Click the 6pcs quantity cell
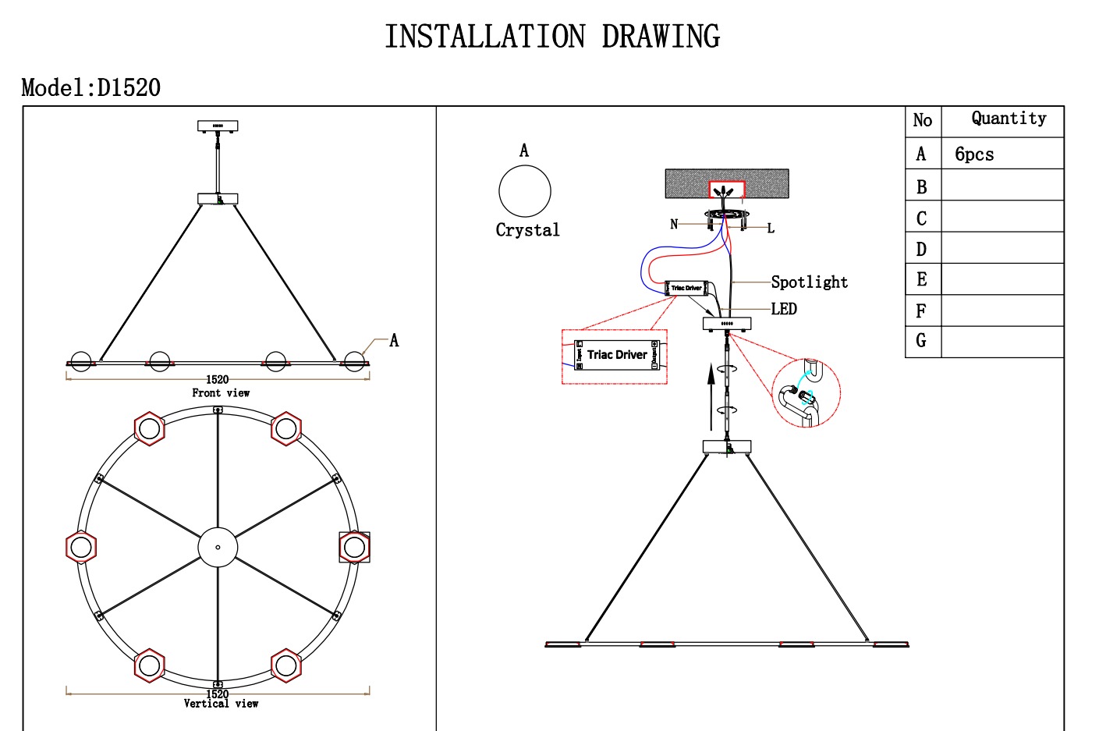click(x=974, y=154)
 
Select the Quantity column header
click(x=1009, y=119)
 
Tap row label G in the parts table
click(x=921, y=341)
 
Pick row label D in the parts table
click(x=921, y=250)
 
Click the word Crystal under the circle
click(x=527, y=230)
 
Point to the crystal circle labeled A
click(x=525, y=191)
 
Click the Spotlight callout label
click(x=809, y=282)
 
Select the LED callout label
click(x=784, y=309)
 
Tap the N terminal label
click(x=674, y=224)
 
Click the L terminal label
click(x=771, y=229)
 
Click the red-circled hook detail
click(x=806, y=393)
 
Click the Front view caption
click(x=221, y=393)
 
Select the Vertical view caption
click(x=221, y=704)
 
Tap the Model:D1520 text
click(x=91, y=88)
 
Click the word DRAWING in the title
click(x=661, y=37)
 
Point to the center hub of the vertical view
click(x=218, y=547)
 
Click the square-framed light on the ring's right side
click(x=354, y=547)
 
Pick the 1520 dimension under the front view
click(x=218, y=380)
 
